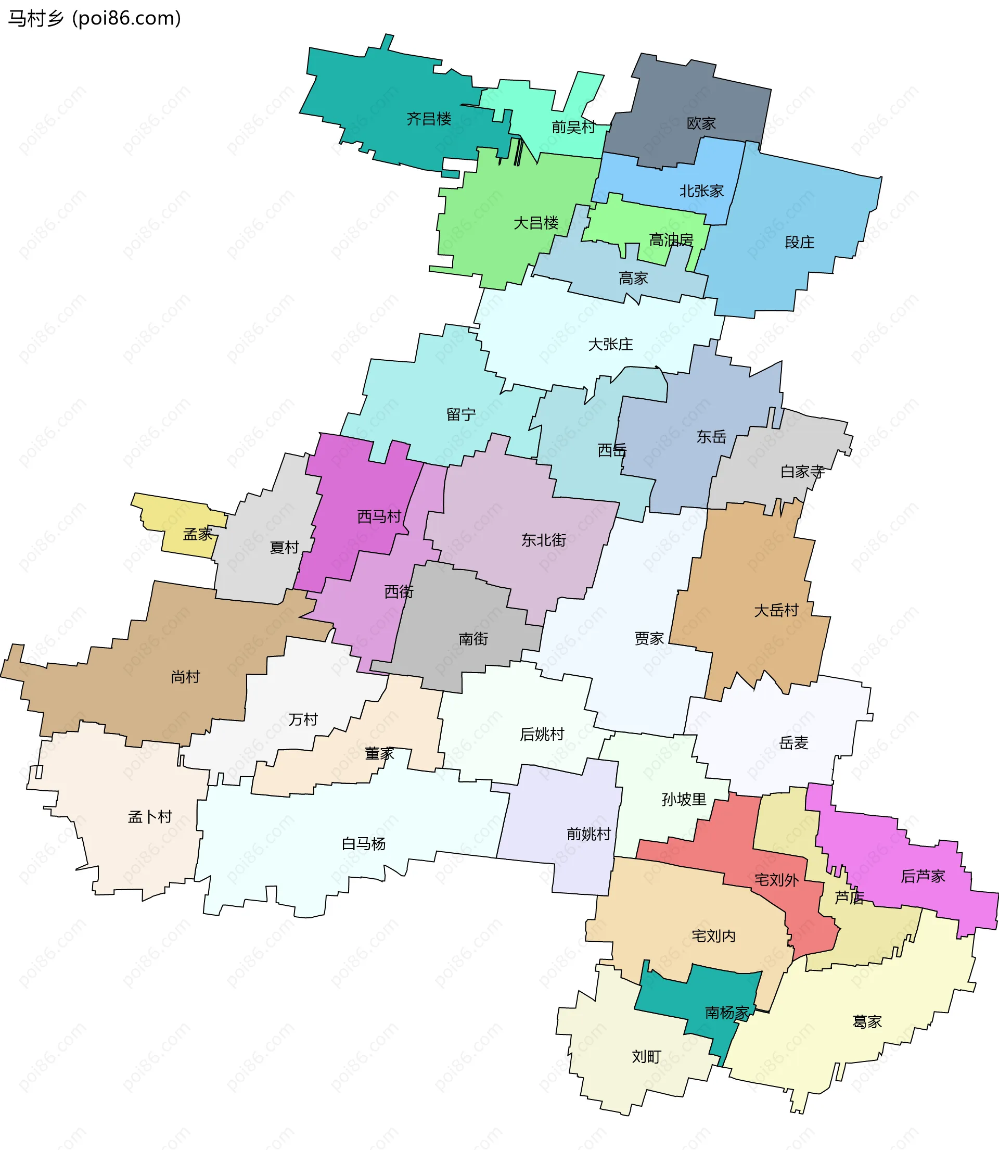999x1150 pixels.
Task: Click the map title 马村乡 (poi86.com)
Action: pyautogui.click(x=94, y=18)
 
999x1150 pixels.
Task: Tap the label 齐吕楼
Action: pyautogui.click(x=429, y=119)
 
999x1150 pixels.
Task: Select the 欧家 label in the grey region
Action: pyautogui.click(x=701, y=123)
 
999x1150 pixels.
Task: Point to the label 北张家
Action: pyautogui.click(x=701, y=191)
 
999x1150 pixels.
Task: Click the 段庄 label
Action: pyautogui.click(x=799, y=242)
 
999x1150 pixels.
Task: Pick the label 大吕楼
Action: pyautogui.click(x=536, y=223)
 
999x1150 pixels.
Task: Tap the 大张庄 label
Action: pyautogui.click(x=610, y=344)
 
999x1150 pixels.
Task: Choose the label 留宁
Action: pyautogui.click(x=461, y=414)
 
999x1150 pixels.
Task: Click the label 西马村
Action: pyautogui.click(x=379, y=516)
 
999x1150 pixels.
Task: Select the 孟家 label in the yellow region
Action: pyautogui.click(x=197, y=534)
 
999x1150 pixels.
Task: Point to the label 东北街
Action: pyautogui.click(x=544, y=540)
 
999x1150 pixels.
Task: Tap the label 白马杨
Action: pyautogui.click(x=364, y=844)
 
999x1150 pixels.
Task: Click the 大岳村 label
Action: pyautogui.click(x=776, y=610)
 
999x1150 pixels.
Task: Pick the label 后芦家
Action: pyautogui.click(x=923, y=876)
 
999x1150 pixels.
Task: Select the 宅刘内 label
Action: pyautogui.click(x=713, y=936)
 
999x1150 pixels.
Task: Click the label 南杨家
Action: pyautogui.click(x=727, y=1012)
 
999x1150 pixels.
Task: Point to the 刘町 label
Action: pyautogui.click(x=646, y=1056)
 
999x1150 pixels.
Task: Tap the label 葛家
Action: pyautogui.click(x=867, y=1022)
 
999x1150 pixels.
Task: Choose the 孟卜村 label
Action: pyautogui.click(x=149, y=817)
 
